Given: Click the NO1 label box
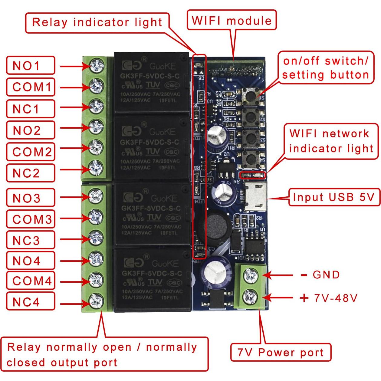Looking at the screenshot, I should tap(30, 65).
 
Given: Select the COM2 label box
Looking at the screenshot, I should tap(30, 152).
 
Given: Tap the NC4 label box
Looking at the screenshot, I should tap(30, 301).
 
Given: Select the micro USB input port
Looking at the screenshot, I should tap(256, 197).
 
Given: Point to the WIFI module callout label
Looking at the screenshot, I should tap(232, 20).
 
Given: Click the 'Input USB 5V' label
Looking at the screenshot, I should tap(334, 197).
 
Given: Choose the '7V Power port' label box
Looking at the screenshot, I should tap(281, 352).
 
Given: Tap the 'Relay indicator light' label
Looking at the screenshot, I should tap(97, 22).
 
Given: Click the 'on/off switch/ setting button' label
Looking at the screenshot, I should tap(326, 68).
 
